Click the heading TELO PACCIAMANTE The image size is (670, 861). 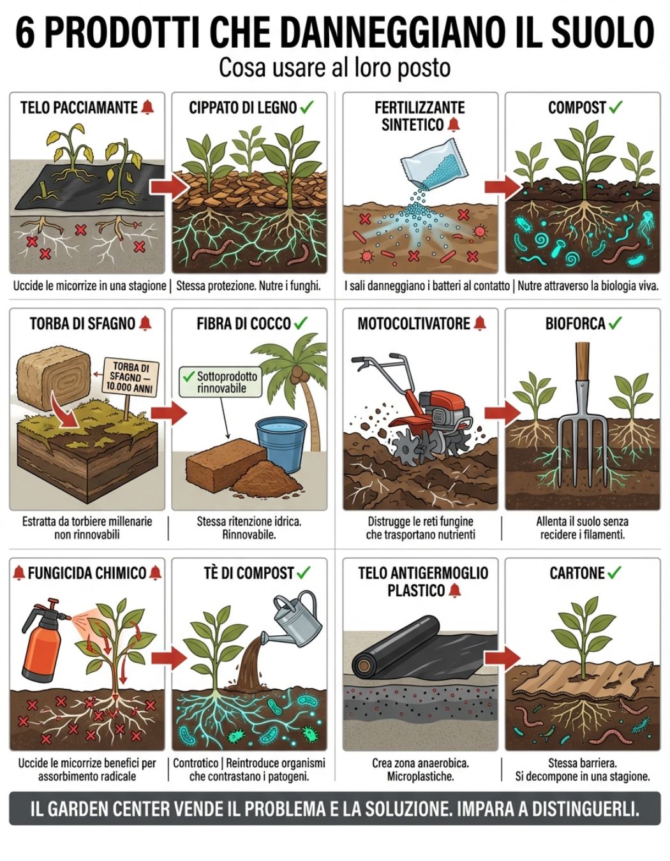(79, 107)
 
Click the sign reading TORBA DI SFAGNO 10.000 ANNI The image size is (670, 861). (130, 377)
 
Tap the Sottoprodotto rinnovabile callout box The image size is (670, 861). (220, 381)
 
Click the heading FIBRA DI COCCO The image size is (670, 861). (244, 323)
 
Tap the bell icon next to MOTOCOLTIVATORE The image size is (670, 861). (480, 323)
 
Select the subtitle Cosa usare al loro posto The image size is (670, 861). (334, 68)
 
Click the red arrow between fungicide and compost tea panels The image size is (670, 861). (169, 658)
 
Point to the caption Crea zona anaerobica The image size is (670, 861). (421, 763)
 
